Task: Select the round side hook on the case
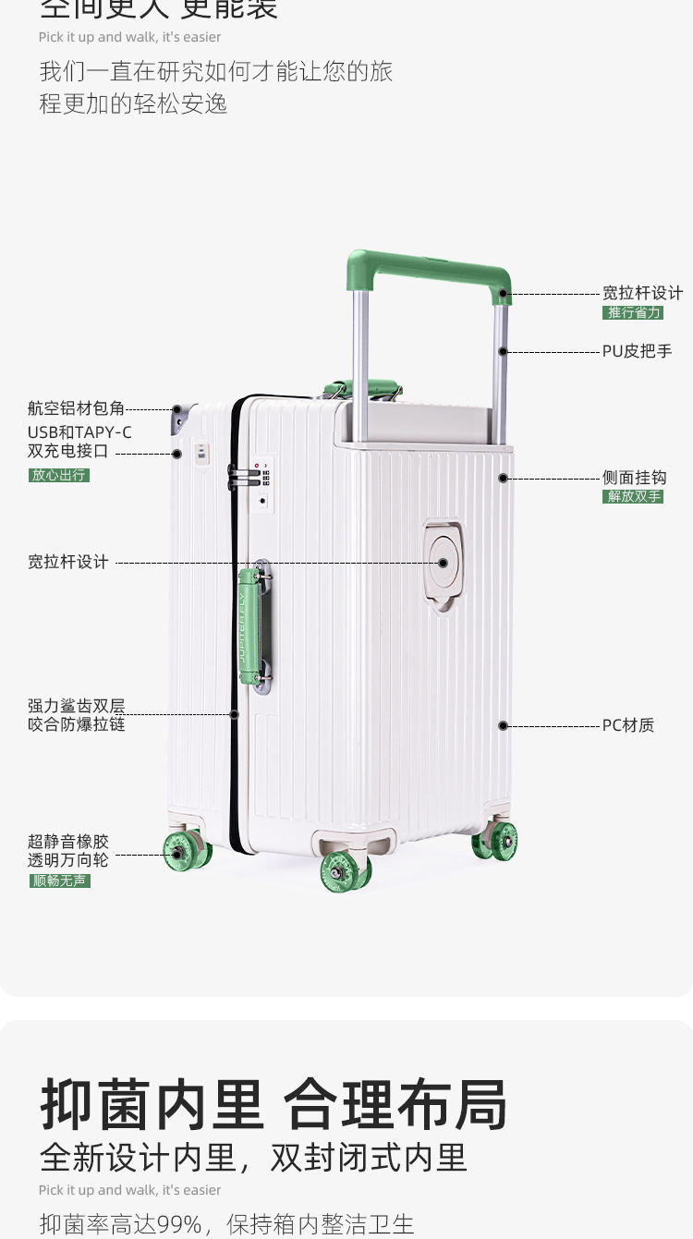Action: (x=444, y=563)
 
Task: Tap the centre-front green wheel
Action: (x=345, y=870)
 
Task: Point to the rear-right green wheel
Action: (x=496, y=841)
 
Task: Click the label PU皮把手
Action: (x=638, y=352)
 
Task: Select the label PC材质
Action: (x=628, y=725)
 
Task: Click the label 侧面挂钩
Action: (x=634, y=478)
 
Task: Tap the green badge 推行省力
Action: (x=633, y=313)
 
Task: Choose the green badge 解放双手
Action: (x=633, y=497)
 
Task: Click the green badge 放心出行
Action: (x=59, y=476)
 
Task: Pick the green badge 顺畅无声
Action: (x=60, y=881)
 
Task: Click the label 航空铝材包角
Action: (x=76, y=408)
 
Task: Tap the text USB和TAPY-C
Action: (x=79, y=431)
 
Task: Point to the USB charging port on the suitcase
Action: (x=201, y=453)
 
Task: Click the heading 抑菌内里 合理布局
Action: (x=274, y=1104)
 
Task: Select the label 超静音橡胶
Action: (x=68, y=842)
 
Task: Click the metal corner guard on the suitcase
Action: (x=180, y=418)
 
